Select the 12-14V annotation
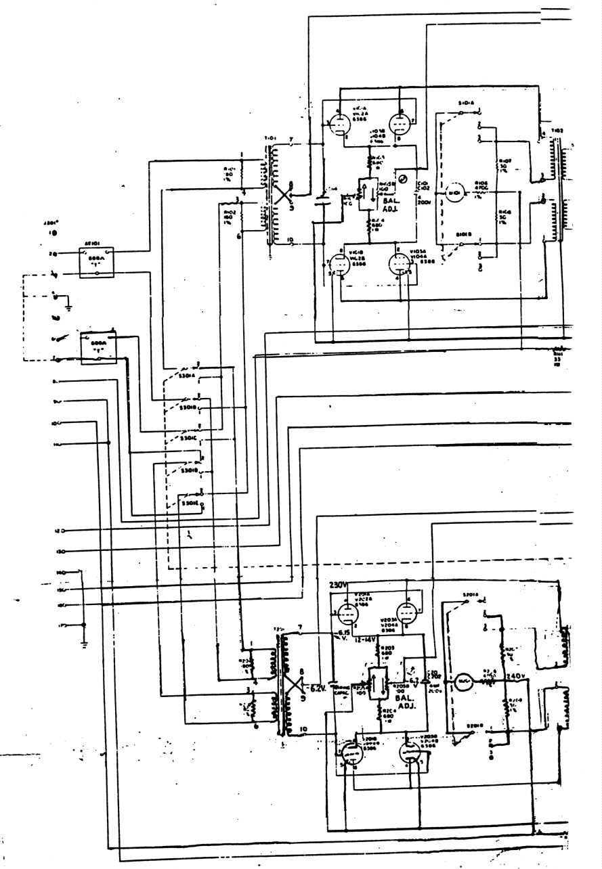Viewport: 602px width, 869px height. tap(366, 638)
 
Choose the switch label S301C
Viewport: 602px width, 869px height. tap(187, 437)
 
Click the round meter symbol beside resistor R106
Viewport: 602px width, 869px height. tap(452, 194)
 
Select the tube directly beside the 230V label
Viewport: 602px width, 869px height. tap(347, 614)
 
